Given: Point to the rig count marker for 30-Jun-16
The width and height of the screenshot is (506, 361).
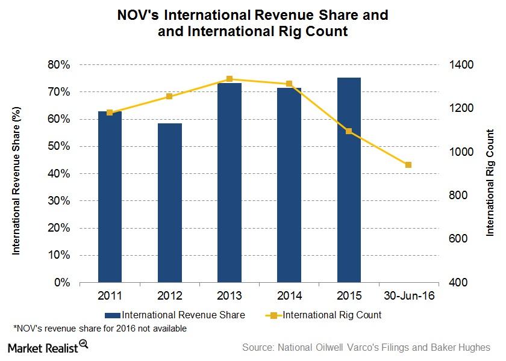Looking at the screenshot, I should pos(408,165).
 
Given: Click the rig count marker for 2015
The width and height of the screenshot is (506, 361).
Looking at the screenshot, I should pos(349,131).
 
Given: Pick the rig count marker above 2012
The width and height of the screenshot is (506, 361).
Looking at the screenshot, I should pos(169,96).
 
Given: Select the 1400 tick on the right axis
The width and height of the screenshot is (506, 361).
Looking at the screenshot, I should pos(458,64).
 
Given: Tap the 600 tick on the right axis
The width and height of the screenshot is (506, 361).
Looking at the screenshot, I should pos(456,239).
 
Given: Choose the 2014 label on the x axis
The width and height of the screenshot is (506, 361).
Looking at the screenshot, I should pos(289,295).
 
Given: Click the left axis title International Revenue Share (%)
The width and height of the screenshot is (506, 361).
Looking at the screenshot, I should pos(16,174).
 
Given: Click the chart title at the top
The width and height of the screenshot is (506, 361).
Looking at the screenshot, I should pos(252,23).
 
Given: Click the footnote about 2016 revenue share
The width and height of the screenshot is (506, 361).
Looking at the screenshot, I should pos(99,329).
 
